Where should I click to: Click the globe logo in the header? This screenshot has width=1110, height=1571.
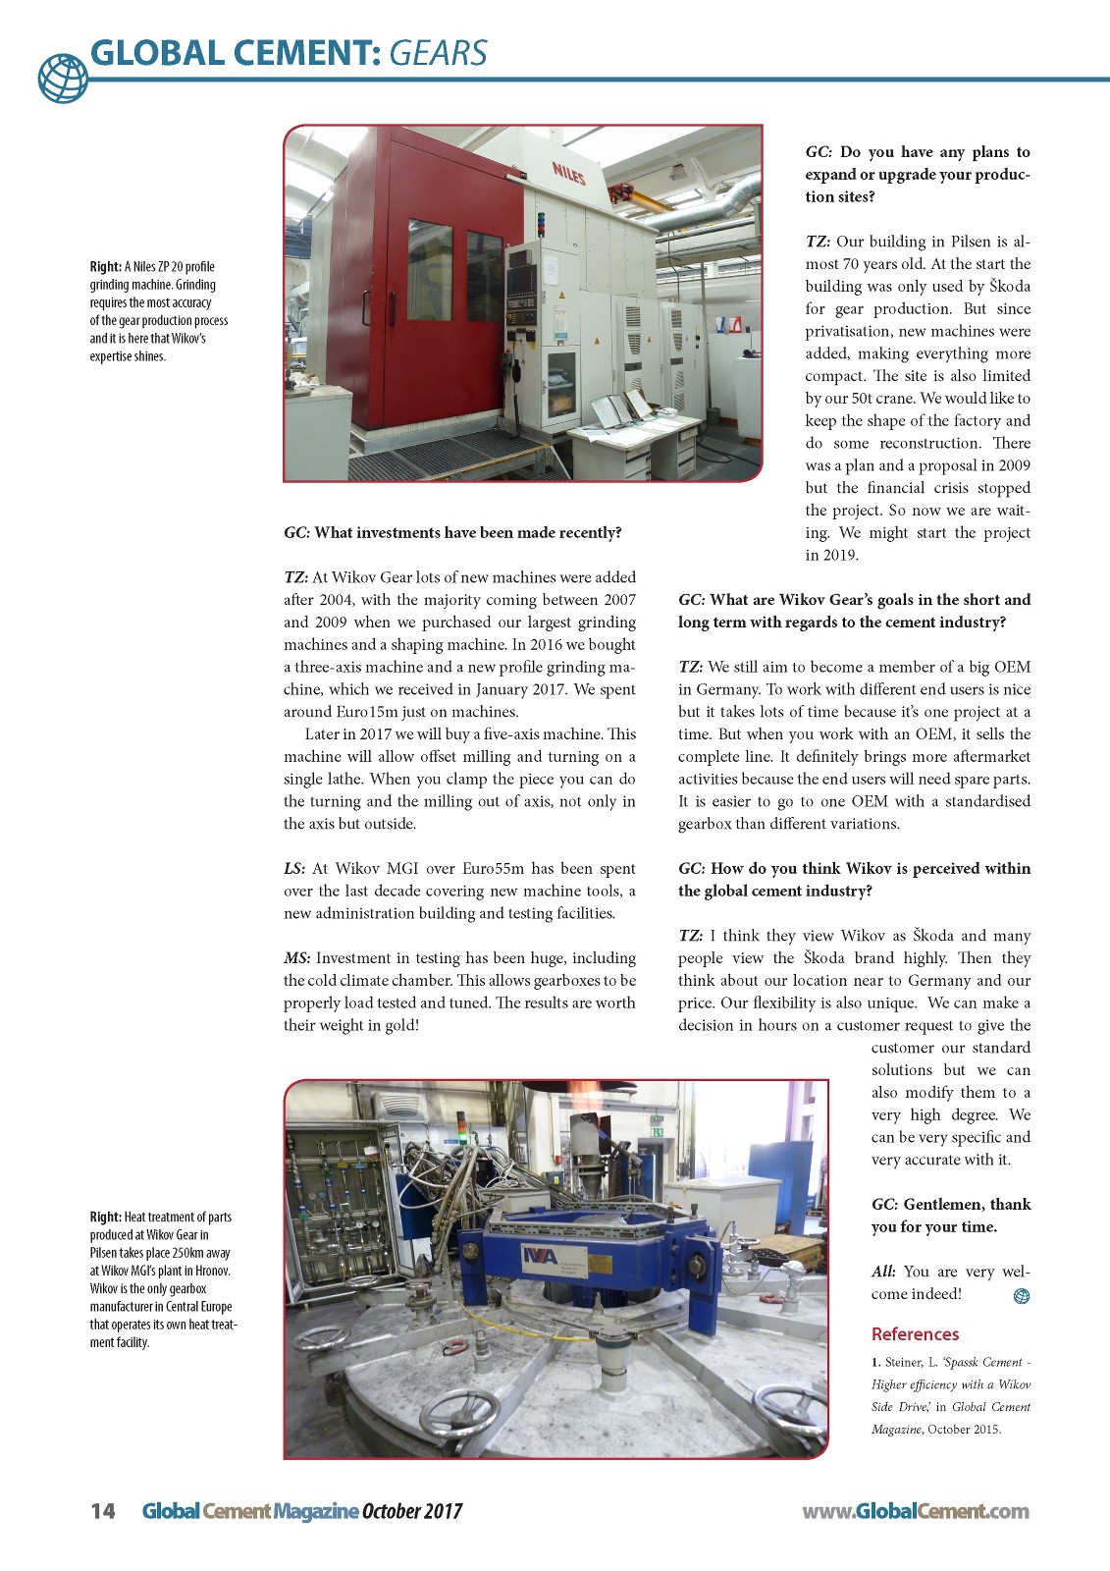pos(63,77)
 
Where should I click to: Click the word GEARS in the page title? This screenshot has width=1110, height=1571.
pos(438,52)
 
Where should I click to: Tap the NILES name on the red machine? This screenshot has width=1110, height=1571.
pos(567,175)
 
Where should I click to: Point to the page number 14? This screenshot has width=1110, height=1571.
pos(102,1511)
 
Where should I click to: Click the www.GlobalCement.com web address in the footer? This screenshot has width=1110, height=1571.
pos(915,1511)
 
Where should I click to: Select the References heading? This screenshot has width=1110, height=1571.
pos(915,1333)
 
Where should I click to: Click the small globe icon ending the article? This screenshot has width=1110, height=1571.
pos(1021,1296)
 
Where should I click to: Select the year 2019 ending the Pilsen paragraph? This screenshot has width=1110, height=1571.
pos(841,555)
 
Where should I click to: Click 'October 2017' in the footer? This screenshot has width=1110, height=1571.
pos(412,1511)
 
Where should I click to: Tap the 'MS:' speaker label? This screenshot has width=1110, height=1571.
pos(297,957)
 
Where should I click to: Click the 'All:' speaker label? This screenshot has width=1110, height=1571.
pos(883,1272)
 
